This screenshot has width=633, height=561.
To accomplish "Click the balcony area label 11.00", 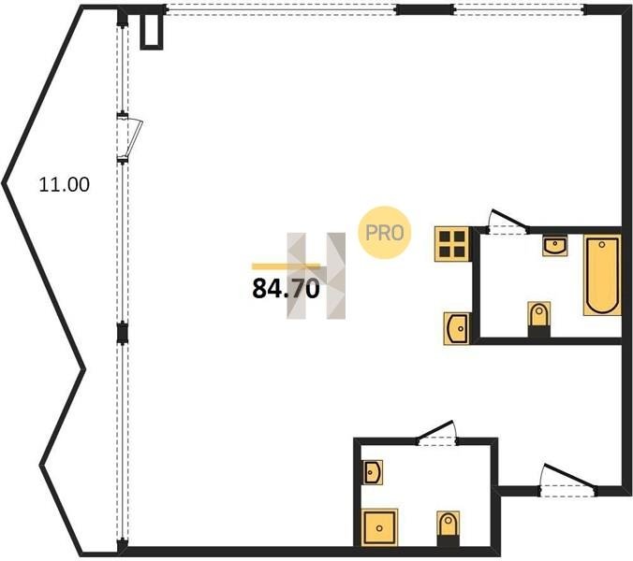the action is click(x=65, y=184).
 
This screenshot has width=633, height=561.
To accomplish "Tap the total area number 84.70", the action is click(x=286, y=289).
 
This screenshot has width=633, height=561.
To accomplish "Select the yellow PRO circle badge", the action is click(x=384, y=233).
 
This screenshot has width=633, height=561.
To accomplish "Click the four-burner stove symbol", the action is click(x=451, y=244).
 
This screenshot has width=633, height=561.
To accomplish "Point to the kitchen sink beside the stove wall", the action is click(x=457, y=328).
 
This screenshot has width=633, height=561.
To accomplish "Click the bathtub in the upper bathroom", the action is click(x=602, y=275).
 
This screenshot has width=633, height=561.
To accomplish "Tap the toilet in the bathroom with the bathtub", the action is click(x=539, y=319).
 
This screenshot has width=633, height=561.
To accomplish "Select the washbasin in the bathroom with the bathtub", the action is click(x=555, y=246).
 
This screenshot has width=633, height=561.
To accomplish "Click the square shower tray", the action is click(x=379, y=527).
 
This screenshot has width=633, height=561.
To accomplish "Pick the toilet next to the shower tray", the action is click(x=448, y=528).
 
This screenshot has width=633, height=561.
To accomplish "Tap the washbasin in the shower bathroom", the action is click(x=372, y=472).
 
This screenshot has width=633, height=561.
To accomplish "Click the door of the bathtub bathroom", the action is click(x=508, y=222).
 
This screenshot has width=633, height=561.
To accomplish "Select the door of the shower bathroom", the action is click(x=437, y=433).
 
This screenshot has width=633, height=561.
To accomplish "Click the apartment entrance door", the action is click(x=569, y=480).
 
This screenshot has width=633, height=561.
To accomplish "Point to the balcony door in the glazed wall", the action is click(x=129, y=137).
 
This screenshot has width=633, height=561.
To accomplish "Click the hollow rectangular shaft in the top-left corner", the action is click(x=152, y=31).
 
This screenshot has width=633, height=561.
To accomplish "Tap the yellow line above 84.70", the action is click(x=286, y=266).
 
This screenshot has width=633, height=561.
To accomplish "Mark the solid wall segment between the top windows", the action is click(x=425, y=9).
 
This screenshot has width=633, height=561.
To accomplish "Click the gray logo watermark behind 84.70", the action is click(x=316, y=276).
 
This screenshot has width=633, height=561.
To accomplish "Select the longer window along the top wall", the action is click(x=281, y=10).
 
